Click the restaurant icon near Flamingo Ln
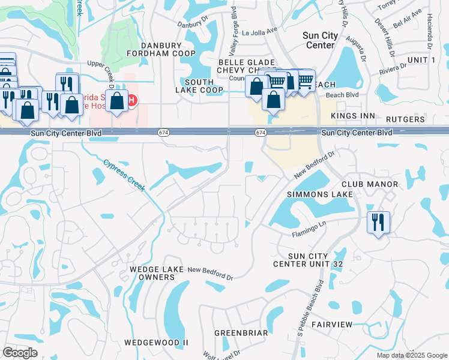pos(378,222)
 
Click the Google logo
pos(20,353)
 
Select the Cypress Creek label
pos(124,175)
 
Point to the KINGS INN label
pos(355,115)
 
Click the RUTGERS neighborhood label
pos(405,119)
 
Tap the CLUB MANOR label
pos(370,184)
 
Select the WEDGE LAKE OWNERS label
pos(152,274)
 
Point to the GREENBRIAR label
pos(241,332)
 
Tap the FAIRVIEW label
pos(331,324)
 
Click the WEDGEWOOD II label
pos(156,342)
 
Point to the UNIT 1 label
pos(421,60)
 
